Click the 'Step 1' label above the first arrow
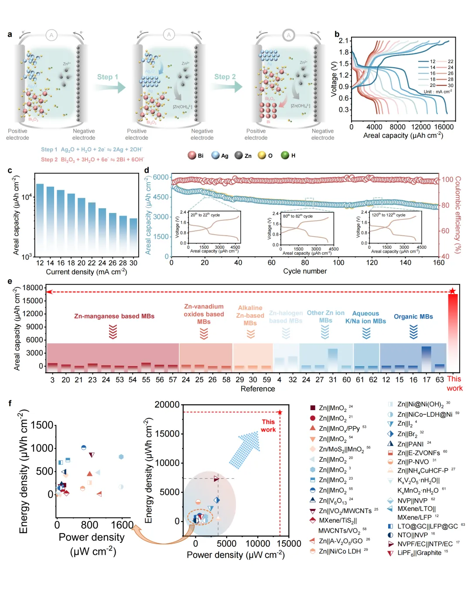tap(107, 77)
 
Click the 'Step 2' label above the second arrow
tap(225, 77)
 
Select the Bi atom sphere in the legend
tap(192, 155)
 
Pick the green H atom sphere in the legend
tap(285, 155)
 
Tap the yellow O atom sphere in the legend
tap(262, 155)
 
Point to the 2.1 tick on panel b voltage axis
tap(344, 41)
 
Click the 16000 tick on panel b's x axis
tap(444, 127)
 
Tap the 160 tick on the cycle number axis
tap(439, 262)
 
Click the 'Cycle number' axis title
tap(305, 271)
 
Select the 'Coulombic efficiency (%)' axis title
tap(458, 214)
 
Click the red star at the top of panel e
tap(452, 291)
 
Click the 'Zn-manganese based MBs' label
tap(114, 316)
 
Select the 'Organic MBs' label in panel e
tap(413, 317)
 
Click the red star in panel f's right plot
tap(280, 412)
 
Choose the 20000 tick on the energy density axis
tap(167, 404)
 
